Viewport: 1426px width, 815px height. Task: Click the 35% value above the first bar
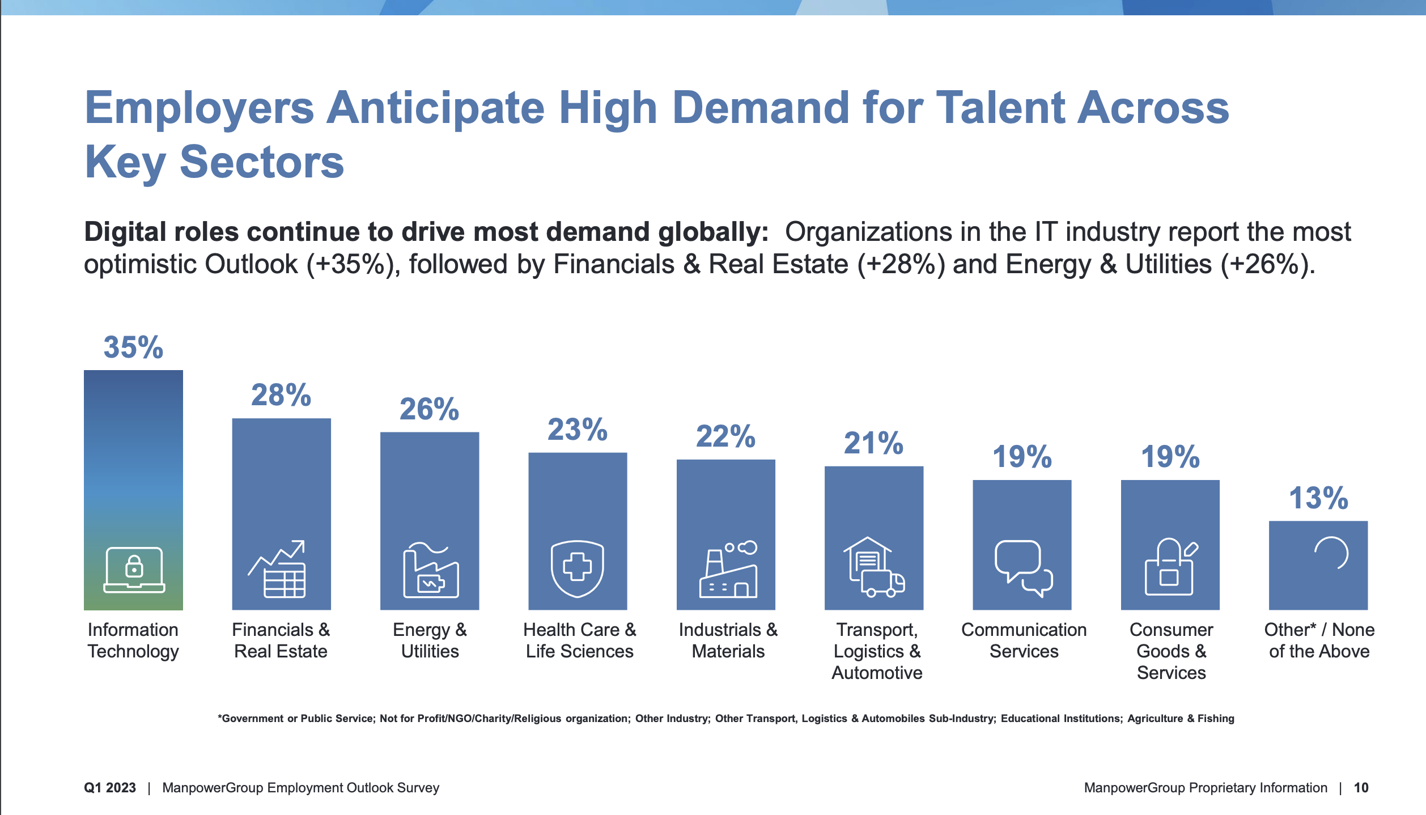point(133,347)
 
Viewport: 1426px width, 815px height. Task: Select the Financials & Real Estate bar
point(281,514)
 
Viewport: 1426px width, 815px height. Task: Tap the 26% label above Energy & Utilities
point(429,409)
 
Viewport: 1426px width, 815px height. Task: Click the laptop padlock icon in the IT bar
point(134,570)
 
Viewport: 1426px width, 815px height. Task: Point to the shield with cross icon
point(578,569)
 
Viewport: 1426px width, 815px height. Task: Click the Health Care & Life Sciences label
point(579,640)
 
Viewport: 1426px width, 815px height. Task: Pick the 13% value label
point(1318,498)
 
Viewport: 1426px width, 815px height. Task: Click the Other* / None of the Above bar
point(1318,565)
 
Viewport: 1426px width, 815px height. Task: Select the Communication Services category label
point(1024,640)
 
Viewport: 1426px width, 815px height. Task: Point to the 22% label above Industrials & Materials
point(725,436)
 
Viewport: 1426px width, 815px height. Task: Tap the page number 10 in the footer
point(1361,788)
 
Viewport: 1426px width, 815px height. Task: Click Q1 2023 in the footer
point(110,788)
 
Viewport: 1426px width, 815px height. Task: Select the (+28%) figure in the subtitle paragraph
point(901,265)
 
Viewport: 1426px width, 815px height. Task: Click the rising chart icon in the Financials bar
point(277,569)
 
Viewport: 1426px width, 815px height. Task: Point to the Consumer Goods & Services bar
point(1170,545)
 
